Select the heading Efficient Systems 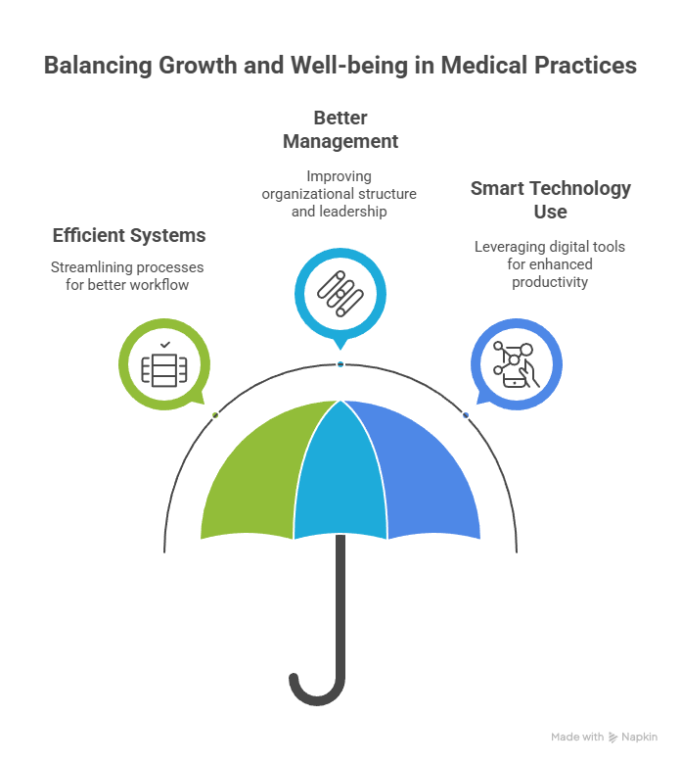129,236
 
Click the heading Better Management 340,129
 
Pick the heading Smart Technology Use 550,199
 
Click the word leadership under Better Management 340,211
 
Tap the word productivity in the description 550,282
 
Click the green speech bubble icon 161,366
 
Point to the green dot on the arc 215,415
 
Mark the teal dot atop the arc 340,364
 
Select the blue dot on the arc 466,415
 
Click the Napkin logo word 639,738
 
